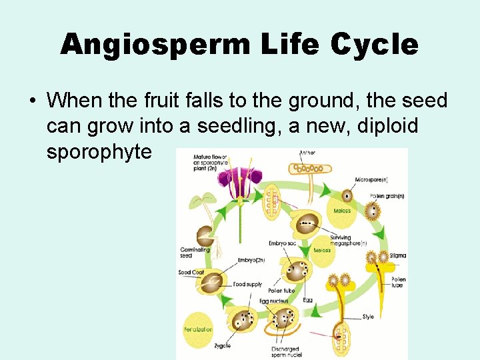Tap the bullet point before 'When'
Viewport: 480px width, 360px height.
pos(32,101)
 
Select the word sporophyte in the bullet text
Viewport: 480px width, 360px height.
pos(99,151)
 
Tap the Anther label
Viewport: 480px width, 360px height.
pos(307,153)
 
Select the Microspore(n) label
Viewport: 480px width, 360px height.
pos(371,180)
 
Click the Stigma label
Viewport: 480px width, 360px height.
pos(399,255)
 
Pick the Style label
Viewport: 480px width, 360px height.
pos(368,317)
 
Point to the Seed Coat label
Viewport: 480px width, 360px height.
pos(191,272)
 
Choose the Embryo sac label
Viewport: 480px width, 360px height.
pos(282,243)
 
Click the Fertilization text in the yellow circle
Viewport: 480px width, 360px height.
pos(198,329)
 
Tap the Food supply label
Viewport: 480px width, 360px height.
pos(247,285)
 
